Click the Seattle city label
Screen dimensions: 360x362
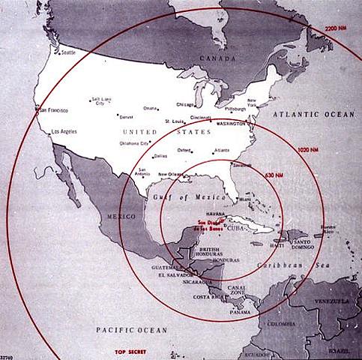click(x=68, y=52)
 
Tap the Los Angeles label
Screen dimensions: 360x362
click(x=63, y=133)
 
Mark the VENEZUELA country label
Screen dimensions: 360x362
click(x=333, y=300)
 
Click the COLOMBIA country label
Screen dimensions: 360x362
click(x=284, y=325)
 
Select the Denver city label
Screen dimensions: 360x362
click(x=125, y=117)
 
